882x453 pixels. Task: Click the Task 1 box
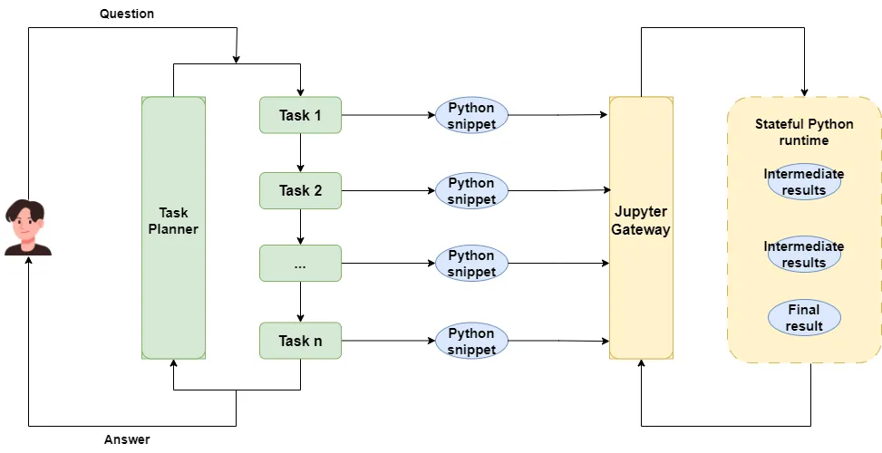click(300, 115)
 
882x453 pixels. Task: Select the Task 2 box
click(300, 190)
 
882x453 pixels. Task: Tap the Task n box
click(300, 341)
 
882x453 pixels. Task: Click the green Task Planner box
click(173, 227)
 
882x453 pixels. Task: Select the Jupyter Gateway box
click(641, 227)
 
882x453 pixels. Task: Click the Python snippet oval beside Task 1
click(471, 115)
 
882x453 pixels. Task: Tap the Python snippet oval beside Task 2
click(471, 190)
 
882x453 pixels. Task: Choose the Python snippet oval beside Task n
click(471, 341)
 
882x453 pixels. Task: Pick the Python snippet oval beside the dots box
click(471, 264)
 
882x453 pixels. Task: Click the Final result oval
click(804, 318)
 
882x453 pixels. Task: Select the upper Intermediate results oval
click(804, 182)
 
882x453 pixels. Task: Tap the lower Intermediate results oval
click(804, 255)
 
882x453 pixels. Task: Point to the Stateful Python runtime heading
click(804, 132)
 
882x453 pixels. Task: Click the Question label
click(127, 14)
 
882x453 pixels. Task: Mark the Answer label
click(127, 440)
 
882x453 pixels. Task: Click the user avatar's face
click(27, 223)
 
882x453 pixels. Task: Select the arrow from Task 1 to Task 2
click(300, 152)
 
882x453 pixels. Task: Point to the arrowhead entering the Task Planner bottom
click(173, 363)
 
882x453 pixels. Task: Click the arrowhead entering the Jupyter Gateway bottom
click(641, 364)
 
